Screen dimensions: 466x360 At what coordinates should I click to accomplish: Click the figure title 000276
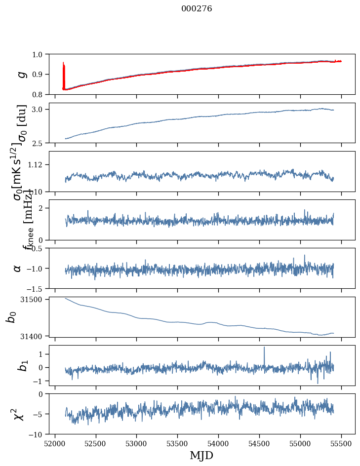pyautogui.click(x=197, y=8)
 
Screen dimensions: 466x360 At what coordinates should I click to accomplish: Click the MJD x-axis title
pyautogui.click(x=201, y=455)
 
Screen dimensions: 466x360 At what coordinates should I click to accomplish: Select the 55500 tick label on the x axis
pyautogui.click(x=341, y=443)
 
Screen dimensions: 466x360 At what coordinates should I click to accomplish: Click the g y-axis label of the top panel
pyautogui.click(x=21, y=74)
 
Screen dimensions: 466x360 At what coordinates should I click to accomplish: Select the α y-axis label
pyautogui.click(x=18, y=268)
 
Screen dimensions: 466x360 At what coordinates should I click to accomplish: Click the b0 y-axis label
pyautogui.click(x=11, y=316)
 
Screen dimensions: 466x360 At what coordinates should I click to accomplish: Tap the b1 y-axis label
pyautogui.click(x=21, y=365)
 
